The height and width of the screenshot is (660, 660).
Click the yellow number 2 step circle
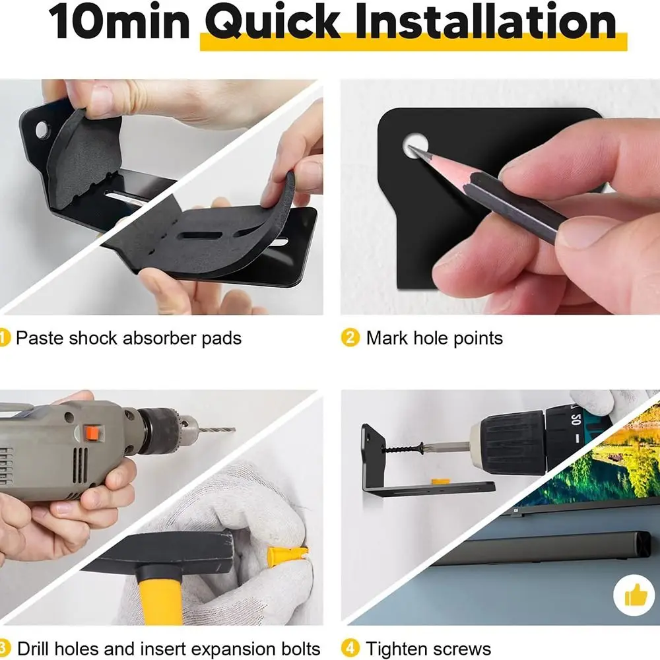[350, 339]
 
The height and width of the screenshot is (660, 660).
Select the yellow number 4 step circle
[350, 649]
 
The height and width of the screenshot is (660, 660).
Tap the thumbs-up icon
[634, 596]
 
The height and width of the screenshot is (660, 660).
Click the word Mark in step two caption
[387, 339]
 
